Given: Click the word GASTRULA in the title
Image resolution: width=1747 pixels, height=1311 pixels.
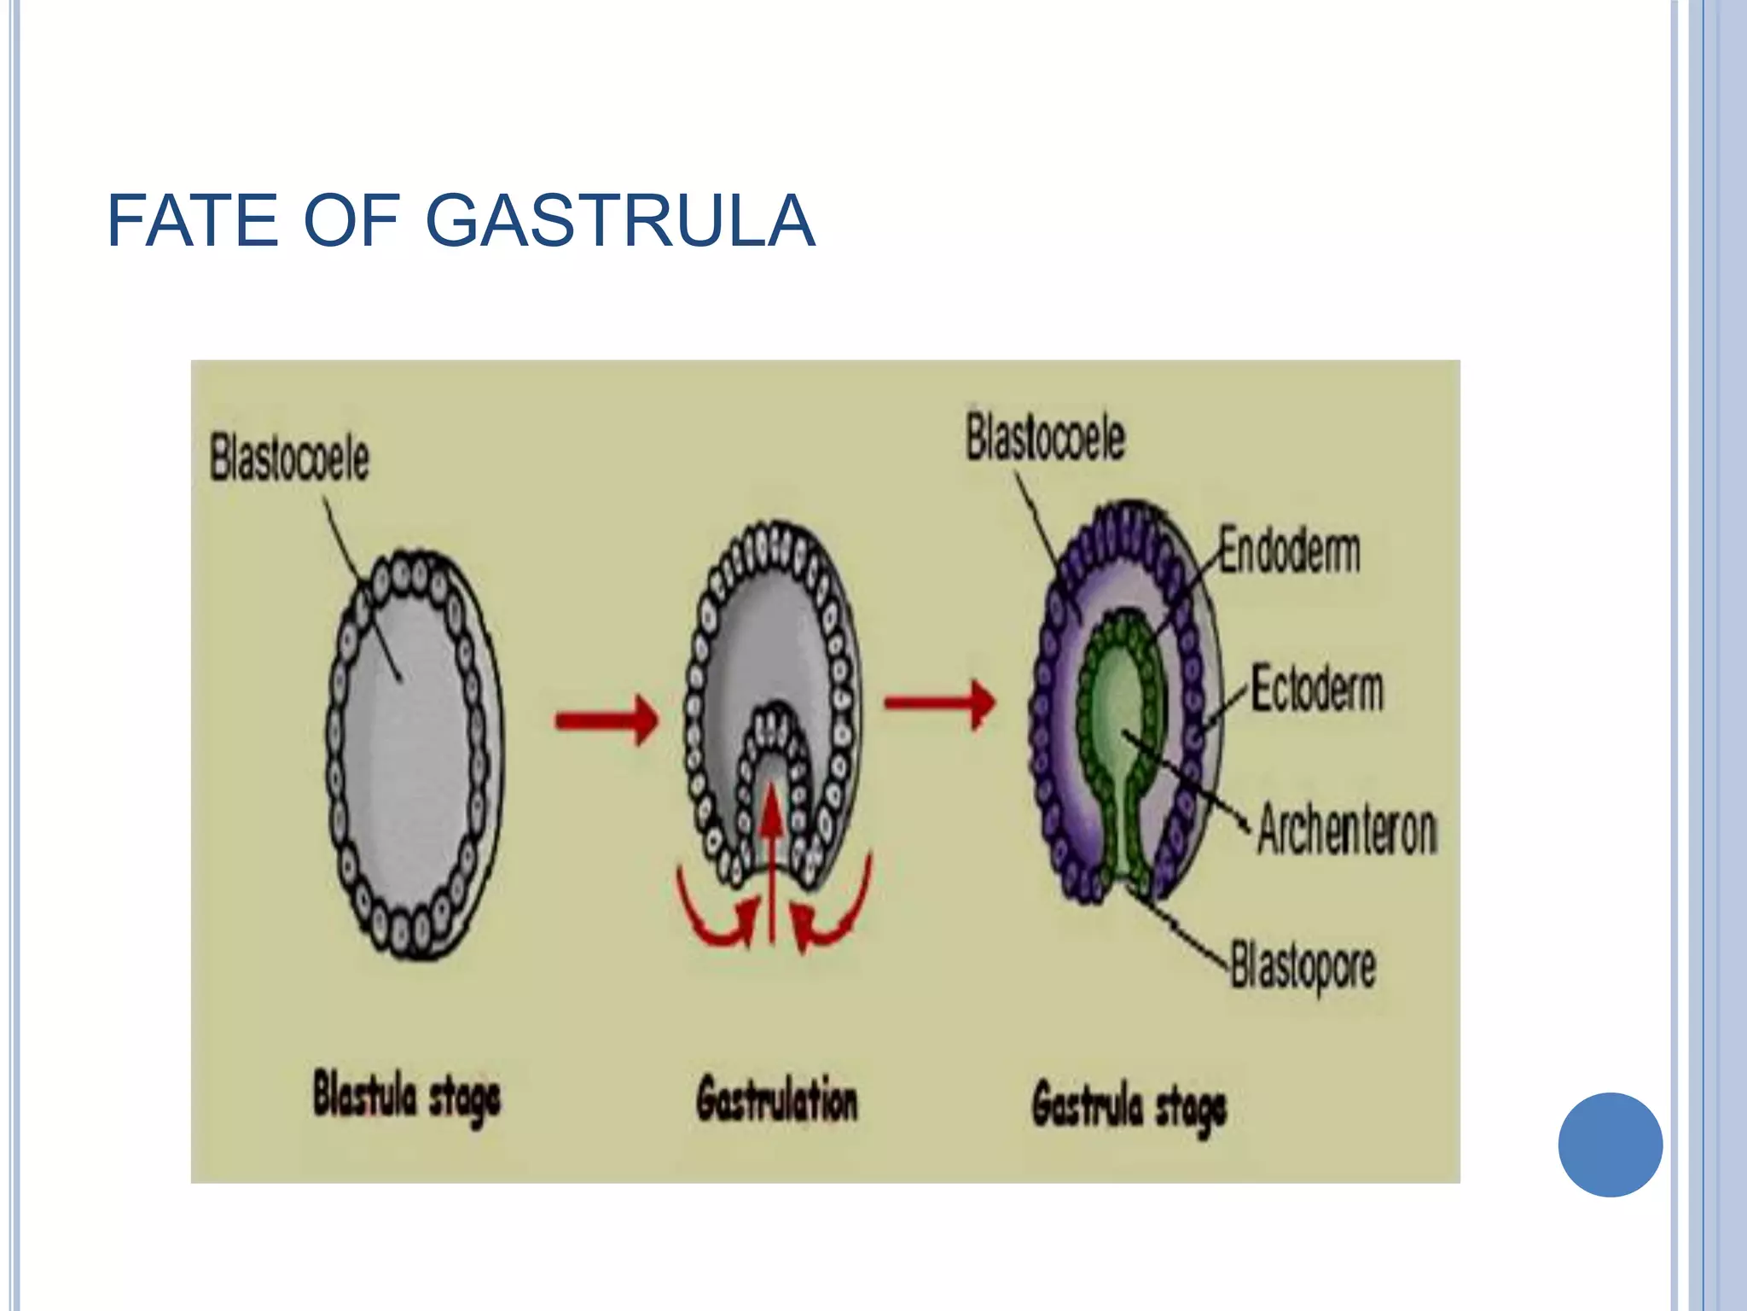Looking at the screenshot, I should tap(620, 221).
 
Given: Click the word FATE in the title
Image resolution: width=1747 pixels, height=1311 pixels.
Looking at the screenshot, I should tap(193, 221).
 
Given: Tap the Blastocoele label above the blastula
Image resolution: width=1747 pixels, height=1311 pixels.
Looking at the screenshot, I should tap(289, 458).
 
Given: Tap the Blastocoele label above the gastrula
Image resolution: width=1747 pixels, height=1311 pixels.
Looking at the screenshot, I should tap(1045, 438).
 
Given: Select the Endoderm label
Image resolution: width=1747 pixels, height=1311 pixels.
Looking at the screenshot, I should tap(1288, 551).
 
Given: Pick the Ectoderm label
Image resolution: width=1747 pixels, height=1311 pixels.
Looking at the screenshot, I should tap(1317, 690).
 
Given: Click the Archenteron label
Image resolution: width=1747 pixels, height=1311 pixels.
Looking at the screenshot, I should tap(1347, 829).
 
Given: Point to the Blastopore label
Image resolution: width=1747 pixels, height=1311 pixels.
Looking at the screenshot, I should tap(1303, 967).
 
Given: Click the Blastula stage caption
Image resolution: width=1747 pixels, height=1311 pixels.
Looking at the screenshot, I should tap(406, 1098).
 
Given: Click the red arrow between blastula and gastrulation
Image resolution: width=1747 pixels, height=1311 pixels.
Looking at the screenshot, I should tap(607, 720).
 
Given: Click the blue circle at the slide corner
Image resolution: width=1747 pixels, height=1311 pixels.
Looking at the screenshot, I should tap(1610, 1145).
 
